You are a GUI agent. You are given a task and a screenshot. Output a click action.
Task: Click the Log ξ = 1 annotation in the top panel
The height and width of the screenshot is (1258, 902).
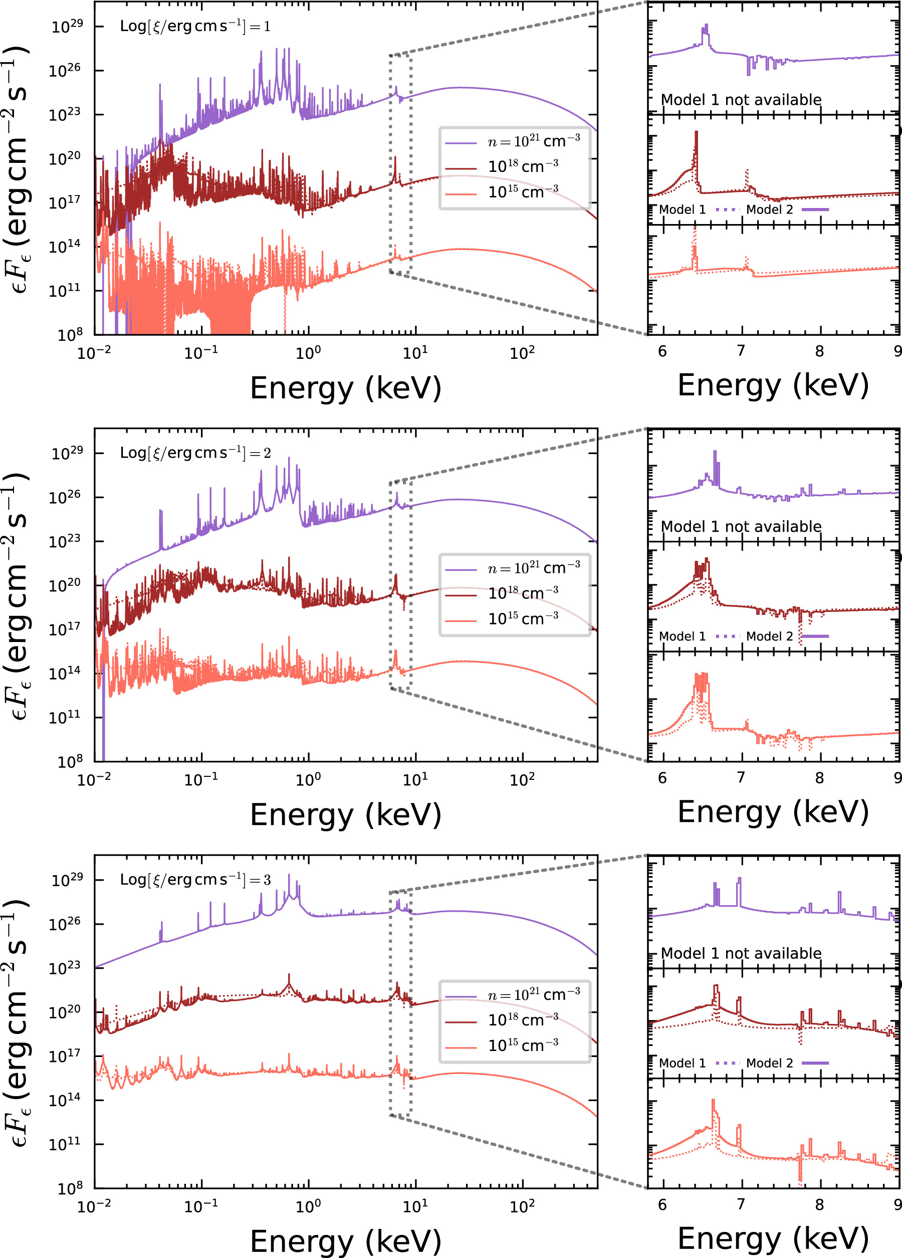point(195,26)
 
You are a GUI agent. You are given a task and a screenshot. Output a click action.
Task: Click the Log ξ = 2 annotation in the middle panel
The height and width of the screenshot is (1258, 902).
point(195,453)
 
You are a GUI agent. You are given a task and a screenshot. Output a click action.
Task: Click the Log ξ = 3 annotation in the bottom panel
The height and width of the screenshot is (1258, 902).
point(195,879)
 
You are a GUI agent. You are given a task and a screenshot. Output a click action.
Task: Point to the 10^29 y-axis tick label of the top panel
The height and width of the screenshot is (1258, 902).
point(67,27)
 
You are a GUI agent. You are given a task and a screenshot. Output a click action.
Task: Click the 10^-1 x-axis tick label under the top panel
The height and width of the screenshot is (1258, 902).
point(201,352)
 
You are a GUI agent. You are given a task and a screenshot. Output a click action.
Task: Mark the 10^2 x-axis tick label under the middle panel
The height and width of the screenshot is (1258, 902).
point(522,779)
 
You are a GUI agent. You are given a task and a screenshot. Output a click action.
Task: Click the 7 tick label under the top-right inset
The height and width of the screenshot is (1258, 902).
point(741,351)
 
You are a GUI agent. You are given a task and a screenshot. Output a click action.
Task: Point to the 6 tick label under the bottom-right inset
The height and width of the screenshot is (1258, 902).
point(662,1204)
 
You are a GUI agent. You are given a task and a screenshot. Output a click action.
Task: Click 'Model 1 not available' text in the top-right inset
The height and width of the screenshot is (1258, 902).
point(741,100)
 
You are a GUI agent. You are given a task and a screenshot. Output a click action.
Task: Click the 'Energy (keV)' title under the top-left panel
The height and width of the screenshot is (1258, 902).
point(345,388)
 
